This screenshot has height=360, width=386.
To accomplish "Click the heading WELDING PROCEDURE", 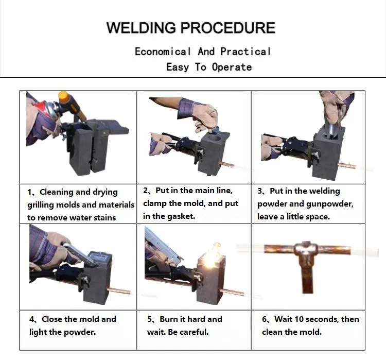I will coord(190,27).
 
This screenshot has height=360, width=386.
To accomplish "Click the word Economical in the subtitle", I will coord(163,52).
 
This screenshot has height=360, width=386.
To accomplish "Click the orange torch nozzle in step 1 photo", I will coord(65,97).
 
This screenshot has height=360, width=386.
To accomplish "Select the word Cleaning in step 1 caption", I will coord(57,192).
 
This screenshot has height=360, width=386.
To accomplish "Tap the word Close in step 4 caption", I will coord(52,319).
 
